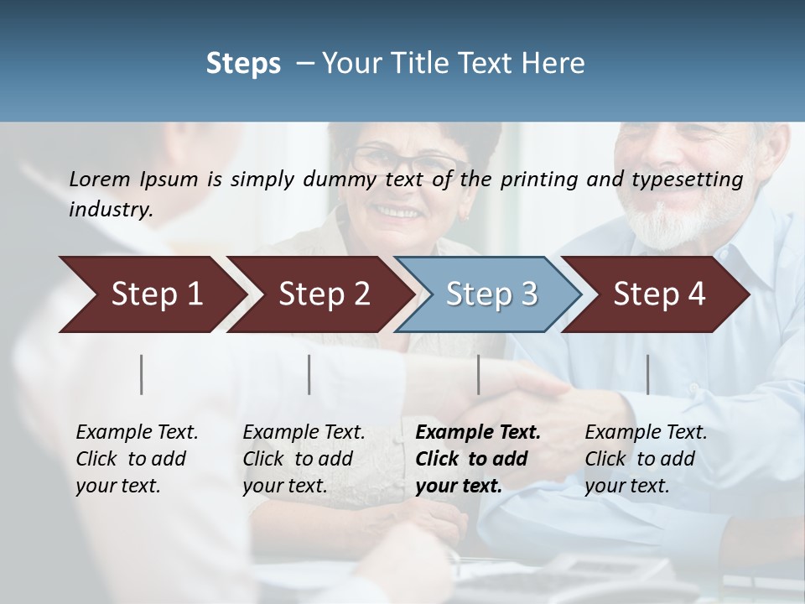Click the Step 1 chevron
(151, 294)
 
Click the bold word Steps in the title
(243, 63)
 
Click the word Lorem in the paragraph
(100, 179)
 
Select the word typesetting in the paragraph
(693, 180)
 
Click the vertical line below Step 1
(142, 374)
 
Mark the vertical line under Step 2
(309, 374)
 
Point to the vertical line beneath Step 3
(479, 374)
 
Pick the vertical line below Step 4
(647, 374)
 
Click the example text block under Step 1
(137, 459)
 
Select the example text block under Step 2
(304, 459)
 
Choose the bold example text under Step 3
(478, 459)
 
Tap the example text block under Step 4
(646, 459)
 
